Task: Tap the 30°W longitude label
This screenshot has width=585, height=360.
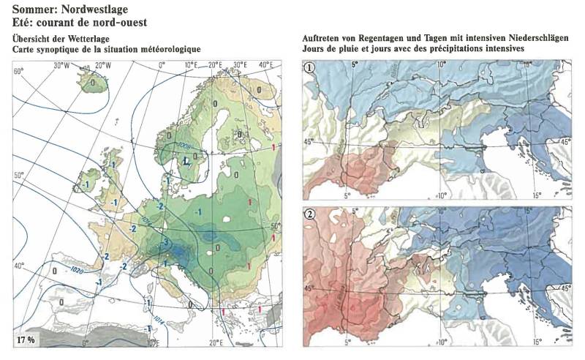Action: point(61,65)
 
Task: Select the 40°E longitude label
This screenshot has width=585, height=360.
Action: point(266,65)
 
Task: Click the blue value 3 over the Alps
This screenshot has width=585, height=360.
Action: point(166,242)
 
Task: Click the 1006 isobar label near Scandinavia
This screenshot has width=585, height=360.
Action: point(178,145)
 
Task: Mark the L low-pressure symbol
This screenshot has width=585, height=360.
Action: point(187,160)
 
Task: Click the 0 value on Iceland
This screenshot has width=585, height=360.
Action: point(94,83)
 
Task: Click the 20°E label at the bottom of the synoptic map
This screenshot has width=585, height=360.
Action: point(215,342)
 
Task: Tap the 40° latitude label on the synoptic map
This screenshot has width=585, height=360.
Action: point(18,266)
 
